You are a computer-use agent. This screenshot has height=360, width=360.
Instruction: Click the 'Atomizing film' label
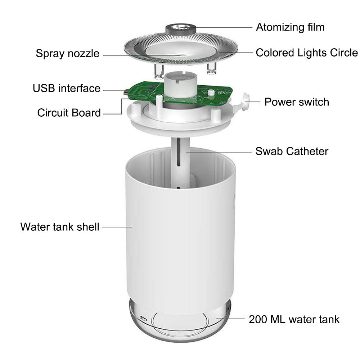coord(290,27)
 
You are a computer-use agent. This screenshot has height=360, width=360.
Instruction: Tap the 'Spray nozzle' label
coord(67,54)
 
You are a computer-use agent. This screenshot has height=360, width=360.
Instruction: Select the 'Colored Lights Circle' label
coord(307,53)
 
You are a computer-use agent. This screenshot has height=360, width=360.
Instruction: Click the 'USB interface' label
coord(67,88)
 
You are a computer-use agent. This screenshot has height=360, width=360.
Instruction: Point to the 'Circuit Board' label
coord(69,113)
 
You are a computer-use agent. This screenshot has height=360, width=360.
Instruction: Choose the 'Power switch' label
coord(297,102)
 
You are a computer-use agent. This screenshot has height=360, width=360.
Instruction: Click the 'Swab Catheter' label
coord(292,151)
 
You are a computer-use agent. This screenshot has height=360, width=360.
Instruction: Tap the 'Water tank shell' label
coord(60,227)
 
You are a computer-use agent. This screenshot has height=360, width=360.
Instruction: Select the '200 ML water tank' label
coord(294,319)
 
